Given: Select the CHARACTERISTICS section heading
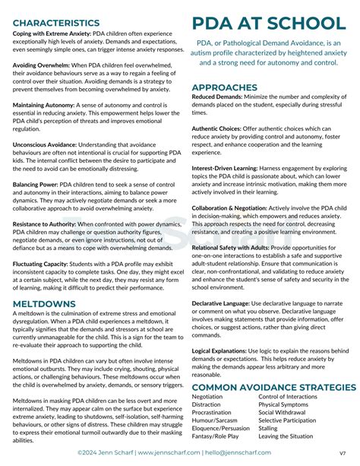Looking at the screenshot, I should point(56,24).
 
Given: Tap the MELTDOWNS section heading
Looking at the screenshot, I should point(44,303).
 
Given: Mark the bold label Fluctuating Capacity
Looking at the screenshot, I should point(43,264).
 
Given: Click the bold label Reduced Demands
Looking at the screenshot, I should point(217,98).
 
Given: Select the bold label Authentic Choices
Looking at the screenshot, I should point(217,128).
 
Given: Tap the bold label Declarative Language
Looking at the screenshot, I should point(223,304).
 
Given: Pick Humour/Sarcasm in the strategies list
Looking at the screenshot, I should point(215,420).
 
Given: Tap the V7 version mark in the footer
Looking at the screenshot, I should point(343,454).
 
